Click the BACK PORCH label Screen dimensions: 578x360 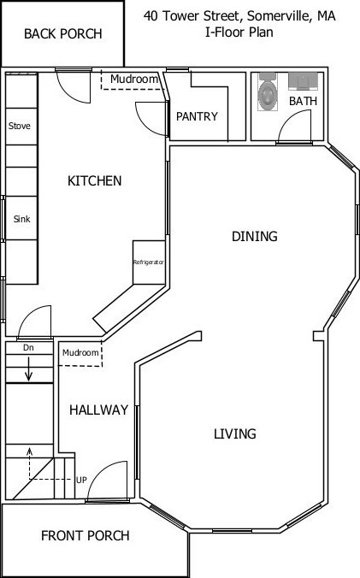[x=62, y=34]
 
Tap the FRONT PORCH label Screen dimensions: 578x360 [x=86, y=536]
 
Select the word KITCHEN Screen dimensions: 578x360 [x=94, y=181]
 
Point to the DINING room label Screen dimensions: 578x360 [x=255, y=237]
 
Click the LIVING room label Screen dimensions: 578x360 [x=234, y=434]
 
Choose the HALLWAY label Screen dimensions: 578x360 [x=98, y=410]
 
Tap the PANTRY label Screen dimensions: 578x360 [x=197, y=117]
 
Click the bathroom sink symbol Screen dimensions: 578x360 [x=302, y=81]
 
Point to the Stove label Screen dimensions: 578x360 [x=20, y=127]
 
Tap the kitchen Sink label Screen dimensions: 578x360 [x=21, y=219]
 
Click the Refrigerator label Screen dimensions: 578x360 [x=148, y=262]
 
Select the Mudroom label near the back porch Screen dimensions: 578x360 [x=134, y=80]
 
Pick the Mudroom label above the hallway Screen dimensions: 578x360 [x=80, y=352]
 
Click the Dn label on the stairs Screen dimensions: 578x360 [x=28, y=348]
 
